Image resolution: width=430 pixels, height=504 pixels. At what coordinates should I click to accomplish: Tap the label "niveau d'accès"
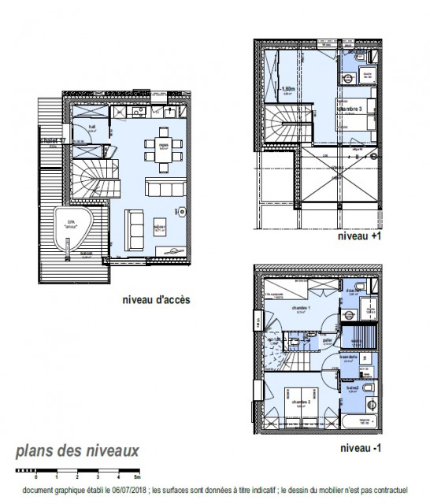pyautogui.click(x=156, y=300)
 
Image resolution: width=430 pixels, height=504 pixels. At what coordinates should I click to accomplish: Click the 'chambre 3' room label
pyautogui.click(x=351, y=109)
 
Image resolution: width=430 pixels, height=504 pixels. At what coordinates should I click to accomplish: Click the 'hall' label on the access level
pyautogui.click(x=91, y=127)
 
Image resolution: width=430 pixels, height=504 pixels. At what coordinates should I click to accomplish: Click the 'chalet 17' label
pyautogui.click(x=53, y=141)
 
